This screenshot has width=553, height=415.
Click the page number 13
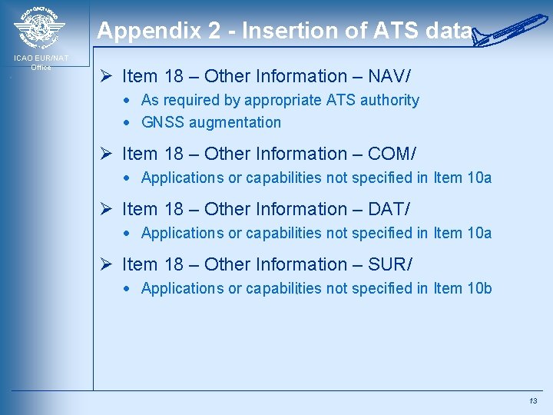[533, 401]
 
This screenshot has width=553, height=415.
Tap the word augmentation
[235, 122]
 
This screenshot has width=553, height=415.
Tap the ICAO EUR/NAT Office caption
[41, 62]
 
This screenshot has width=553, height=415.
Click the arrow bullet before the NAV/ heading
[108, 76]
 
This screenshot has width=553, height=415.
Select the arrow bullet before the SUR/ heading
[108, 264]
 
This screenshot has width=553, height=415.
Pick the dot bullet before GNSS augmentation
[132, 123]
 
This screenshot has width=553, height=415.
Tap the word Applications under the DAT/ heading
[182, 233]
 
